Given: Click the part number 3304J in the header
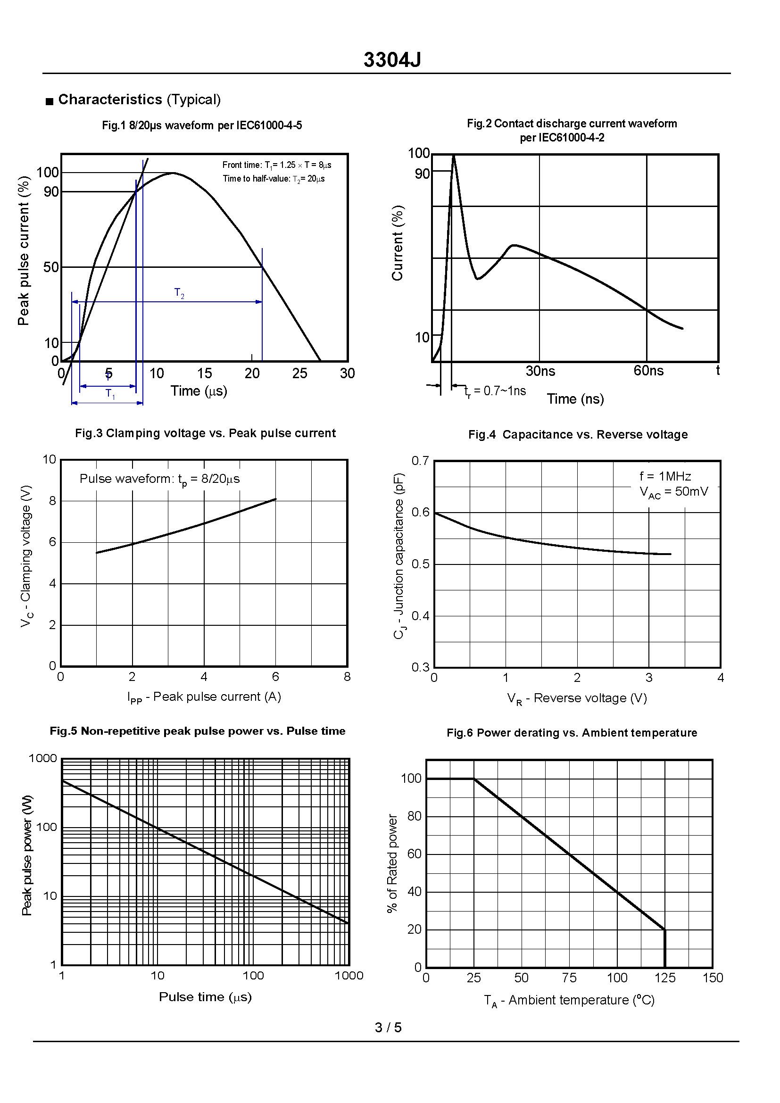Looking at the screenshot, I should (392, 60).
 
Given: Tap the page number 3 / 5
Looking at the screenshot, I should (388, 1028).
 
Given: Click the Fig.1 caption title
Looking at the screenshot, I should (202, 125).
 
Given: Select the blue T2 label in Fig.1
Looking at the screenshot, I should (179, 293).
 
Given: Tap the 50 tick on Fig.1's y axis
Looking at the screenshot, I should (51, 267).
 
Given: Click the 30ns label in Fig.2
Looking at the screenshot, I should (540, 371).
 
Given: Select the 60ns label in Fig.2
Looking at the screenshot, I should (648, 371).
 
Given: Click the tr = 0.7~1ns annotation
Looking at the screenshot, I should (495, 391).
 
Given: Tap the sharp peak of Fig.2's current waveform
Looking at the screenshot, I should (453, 156).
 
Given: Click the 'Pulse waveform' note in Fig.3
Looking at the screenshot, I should (159, 479).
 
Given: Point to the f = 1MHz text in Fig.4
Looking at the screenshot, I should (665, 476).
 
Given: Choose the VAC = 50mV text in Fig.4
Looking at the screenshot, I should (674, 492).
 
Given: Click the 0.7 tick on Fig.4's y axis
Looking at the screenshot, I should (420, 461).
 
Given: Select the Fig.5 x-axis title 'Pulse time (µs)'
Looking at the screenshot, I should (205, 997).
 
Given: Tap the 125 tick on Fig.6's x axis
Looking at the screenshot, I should (665, 978).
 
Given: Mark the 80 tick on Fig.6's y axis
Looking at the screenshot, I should (415, 816).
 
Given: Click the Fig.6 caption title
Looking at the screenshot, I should (572, 733).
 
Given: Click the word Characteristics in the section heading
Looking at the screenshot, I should (110, 100).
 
